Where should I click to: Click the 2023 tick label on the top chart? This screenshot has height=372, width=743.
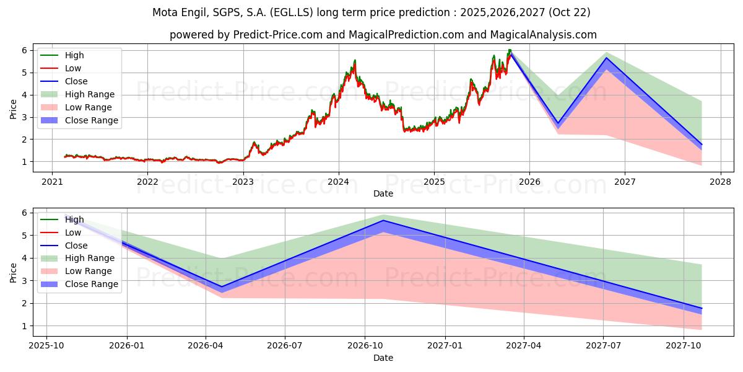[x=243, y=182]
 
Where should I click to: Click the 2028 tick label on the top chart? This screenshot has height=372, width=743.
[x=720, y=182]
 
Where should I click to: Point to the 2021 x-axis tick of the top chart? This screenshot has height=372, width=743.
[x=51, y=182]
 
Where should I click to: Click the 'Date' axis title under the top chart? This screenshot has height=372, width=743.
[x=383, y=193]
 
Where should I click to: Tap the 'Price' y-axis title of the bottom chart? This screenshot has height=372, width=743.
[x=14, y=272]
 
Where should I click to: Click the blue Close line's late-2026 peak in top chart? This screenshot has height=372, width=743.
[x=606, y=58]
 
